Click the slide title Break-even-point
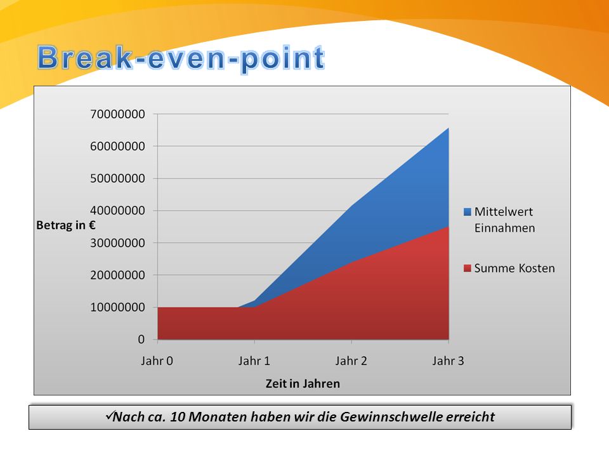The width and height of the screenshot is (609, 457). pyautogui.click(x=181, y=58)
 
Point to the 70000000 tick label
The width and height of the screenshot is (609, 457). pyautogui.click(x=117, y=114)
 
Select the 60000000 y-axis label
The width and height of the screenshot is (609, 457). pyautogui.click(x=117, y=147)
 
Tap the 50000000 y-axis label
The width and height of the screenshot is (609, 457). pyautogui.click(x=117, y=179)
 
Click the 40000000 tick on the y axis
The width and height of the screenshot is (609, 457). pyautogui.click(x=117, y=211)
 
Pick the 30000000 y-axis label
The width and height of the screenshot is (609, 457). pyautogui.click(x=117, y=243)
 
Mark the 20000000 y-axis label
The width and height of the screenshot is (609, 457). pyautogui.click(x=117, y=275)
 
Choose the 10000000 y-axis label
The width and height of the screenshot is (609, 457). pyautogui.click(x=117, y=307)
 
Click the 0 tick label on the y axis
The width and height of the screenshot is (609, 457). pyautogui.click(x=141, y=340)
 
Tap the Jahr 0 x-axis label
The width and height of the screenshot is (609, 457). pyautogui.click(x=157, y=361)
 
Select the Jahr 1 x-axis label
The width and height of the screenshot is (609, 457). pyautogui.click(x=254, y=361)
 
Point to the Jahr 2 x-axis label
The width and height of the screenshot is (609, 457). pyautogui.click(x=351, y=361)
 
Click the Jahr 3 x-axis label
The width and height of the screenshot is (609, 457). pyautogui.click(x=449, y=361)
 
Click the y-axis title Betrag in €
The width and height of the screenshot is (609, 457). pyautogui.click(x=65, y=225)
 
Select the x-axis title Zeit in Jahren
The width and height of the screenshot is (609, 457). pyautogui.click(x=303, y=384)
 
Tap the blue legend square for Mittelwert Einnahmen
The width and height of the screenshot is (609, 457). pyautogui.click(x=468, y=212)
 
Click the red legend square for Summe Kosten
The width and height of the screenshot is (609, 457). pyautogui.click(x=468, y=268)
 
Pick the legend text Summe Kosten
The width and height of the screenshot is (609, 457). pyautogui.click(x=514, y=268)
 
